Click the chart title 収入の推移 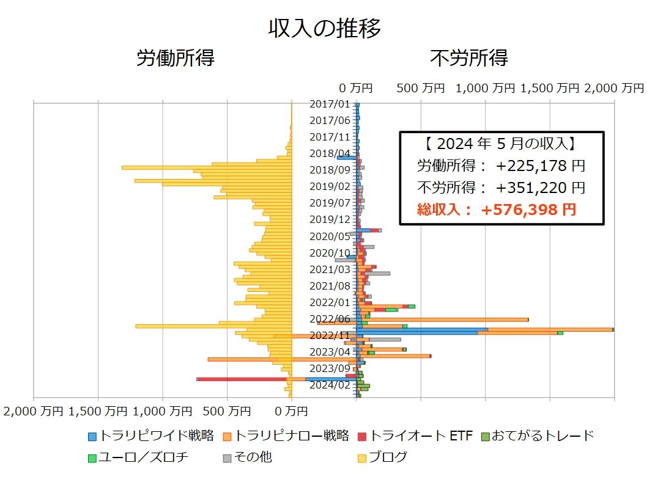(324, 29)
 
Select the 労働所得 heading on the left (175, 58)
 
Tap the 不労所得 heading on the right (469, 58)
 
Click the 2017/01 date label (330, 104)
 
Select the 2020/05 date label (330, 236)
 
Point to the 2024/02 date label (330, 385)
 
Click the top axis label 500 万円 (421, 88)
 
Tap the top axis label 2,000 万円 (614, 88)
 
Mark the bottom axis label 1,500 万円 (99, 412)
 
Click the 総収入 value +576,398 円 (528, 210)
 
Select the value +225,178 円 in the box (541, 166)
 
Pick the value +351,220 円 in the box (541, 188)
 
